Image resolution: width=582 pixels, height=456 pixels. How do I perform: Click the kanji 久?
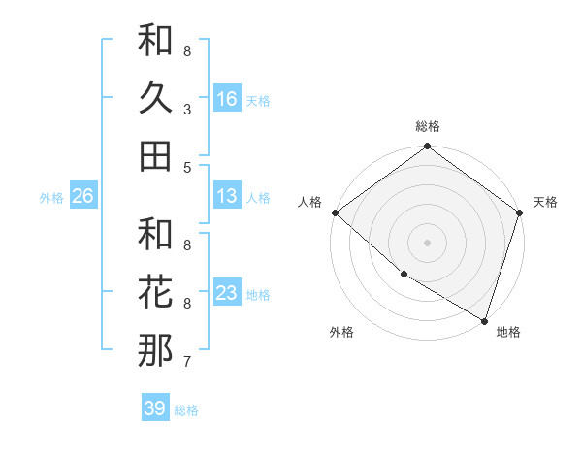point(155,98)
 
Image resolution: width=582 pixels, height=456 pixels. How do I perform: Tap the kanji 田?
point(155,154)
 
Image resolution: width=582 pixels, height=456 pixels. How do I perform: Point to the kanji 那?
point(155,349)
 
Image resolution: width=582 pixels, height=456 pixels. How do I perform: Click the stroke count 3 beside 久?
point(187,111)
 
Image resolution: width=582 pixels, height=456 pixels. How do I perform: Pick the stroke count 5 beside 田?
point(187,167)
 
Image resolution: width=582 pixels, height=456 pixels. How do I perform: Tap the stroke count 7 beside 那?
point(187,362)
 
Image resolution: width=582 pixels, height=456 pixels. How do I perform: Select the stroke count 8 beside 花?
point(187,304)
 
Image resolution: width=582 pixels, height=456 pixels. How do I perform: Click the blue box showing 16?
point(227,98)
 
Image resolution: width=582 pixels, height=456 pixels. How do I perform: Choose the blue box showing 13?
point(227,196)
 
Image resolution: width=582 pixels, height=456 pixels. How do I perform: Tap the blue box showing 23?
point(227,293)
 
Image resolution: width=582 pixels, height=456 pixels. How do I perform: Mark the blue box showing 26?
point(82,196)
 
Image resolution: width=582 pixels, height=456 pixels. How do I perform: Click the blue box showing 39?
point(155,408)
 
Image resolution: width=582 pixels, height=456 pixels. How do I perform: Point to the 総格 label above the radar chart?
point(428,127)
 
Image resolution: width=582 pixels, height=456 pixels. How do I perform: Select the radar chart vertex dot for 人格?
point(335,212)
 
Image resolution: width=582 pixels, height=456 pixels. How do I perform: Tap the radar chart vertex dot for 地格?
point(484,319)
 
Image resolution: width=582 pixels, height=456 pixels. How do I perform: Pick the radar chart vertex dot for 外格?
point(404,275)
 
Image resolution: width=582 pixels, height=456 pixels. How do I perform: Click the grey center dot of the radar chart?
point(428,242)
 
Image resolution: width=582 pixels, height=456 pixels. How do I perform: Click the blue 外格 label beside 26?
point(51,198)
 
